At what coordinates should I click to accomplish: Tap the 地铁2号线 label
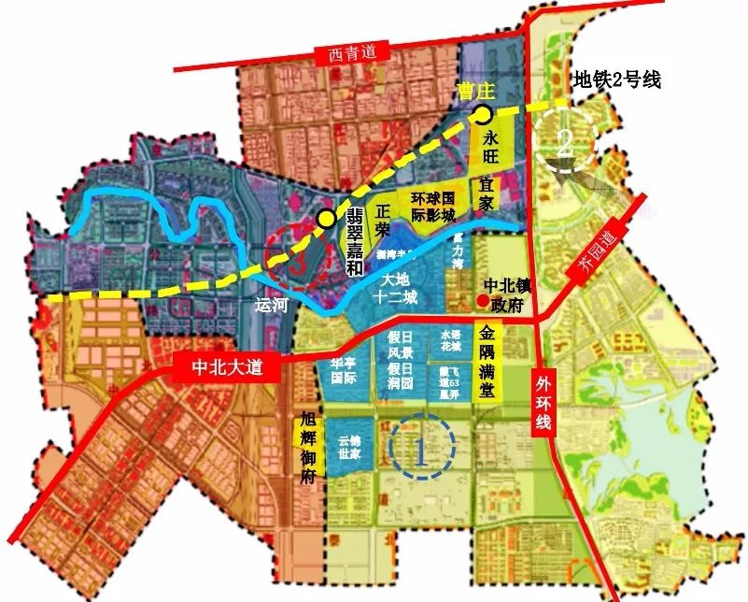pos(617,79)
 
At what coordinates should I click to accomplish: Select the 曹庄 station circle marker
pos(482,115)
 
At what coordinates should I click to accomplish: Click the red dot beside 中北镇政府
pos(482,300)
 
